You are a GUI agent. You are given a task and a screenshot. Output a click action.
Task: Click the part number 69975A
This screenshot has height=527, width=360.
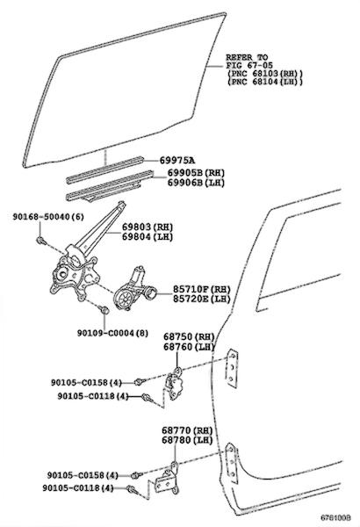coord(177,161)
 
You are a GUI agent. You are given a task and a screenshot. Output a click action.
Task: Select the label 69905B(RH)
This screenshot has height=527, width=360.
coord(196,173)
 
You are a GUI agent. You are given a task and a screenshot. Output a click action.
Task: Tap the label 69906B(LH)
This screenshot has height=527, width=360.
coord(196,183)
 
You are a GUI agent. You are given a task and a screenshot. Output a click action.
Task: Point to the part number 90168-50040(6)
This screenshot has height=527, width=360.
coord(48,217)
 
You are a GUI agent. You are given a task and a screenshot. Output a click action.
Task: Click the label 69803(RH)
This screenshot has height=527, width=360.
coord(148,227)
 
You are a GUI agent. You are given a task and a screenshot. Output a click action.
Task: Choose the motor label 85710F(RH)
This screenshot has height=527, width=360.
coord(202,289)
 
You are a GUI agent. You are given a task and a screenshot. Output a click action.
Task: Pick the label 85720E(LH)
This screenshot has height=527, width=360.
coord(202,299)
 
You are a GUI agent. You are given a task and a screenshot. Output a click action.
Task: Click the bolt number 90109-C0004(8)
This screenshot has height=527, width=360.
coord(112,333)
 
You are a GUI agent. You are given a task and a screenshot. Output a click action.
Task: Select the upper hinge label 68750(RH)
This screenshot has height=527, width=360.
coord(189,336)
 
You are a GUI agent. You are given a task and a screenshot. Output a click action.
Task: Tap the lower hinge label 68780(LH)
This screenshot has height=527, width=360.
coord(187,440)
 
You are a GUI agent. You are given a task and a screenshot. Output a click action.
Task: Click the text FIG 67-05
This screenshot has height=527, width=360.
coord(249,65)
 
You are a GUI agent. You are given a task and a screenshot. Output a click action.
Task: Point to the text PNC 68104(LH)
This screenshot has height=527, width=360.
coord(265,82)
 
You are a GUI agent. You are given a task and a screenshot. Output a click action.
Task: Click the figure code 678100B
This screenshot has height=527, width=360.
coord(335,517)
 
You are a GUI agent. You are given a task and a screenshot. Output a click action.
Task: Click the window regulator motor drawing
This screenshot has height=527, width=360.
coord(134,289)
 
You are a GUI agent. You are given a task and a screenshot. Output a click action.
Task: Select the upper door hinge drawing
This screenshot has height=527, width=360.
coord(174,384)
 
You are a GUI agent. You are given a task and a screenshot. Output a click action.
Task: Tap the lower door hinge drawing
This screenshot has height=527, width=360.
coord(168,479)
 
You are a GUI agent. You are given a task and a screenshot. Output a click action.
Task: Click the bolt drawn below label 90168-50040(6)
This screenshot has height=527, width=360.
coord(40,241)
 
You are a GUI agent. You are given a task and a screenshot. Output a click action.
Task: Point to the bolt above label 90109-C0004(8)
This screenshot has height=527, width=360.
coord(104,309)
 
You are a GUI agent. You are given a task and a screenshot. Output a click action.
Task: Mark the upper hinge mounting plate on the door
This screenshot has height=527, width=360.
coord(232,369)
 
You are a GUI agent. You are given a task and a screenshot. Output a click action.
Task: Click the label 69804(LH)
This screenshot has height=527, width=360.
coord(148,237)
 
